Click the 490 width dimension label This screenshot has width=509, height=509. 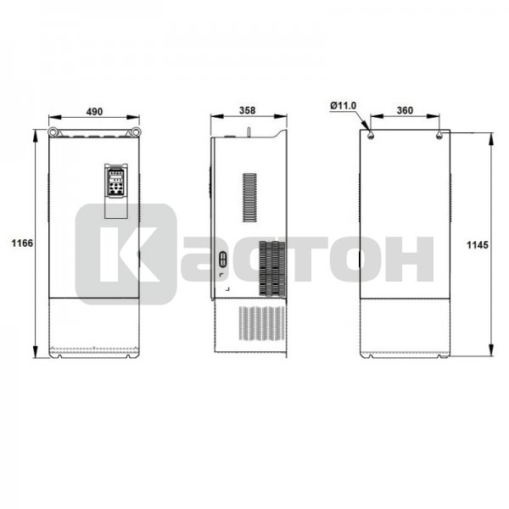click(x=94, y=111)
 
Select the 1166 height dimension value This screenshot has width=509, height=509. click(x=22, y=243)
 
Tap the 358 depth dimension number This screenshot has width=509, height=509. click(x=248, y=110)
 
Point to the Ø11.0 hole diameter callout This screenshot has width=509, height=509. click(x=343, y=106)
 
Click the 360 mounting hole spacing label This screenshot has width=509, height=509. click(x=406, y=110)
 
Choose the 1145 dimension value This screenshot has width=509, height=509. click(x=477, y=245)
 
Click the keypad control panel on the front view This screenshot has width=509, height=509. click(x=116, y=182)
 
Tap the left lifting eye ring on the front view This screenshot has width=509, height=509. click(x=53, y=131)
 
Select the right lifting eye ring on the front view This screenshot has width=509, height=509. click(x=136, y=131)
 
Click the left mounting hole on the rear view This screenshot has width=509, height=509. click(x=371, y=136)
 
